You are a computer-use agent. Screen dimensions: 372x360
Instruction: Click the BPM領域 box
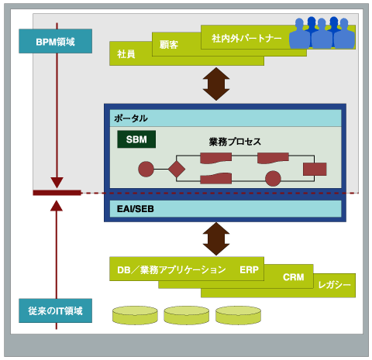click(55, 41)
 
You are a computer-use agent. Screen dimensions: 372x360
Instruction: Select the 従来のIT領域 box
click(55, 310)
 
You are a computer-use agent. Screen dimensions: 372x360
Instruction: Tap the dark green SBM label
click(136, 139)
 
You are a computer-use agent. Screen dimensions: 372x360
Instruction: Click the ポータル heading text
click(131, 118)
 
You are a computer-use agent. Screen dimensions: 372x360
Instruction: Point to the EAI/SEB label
click(136, 209)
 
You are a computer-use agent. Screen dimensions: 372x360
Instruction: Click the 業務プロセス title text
click(235, 142)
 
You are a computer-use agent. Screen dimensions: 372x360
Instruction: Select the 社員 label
click(126, 54)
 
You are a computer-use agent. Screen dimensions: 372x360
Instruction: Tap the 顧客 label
click(169, 45)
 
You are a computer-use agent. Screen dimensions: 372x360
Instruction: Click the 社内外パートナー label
click(246, 39)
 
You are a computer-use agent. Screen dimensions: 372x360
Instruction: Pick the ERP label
click(249, 269)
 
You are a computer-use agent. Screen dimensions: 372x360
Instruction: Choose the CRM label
click(294, 277)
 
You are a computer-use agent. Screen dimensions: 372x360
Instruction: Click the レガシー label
click(334, 285)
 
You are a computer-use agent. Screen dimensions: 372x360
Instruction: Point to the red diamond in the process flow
click(177, 169)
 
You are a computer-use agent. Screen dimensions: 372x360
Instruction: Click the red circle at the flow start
click(146, 169)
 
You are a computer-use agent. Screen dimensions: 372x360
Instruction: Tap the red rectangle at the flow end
click(315, 169)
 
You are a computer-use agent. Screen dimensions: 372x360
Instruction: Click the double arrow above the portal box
click(216, 84)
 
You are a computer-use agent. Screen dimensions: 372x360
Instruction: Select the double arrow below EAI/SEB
click(216, 239)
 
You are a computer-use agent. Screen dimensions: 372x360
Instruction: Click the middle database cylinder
click(187, 315)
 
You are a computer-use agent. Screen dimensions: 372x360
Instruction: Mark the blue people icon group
click(322, 33)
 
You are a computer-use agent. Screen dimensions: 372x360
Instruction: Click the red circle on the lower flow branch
click(273, 179)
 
